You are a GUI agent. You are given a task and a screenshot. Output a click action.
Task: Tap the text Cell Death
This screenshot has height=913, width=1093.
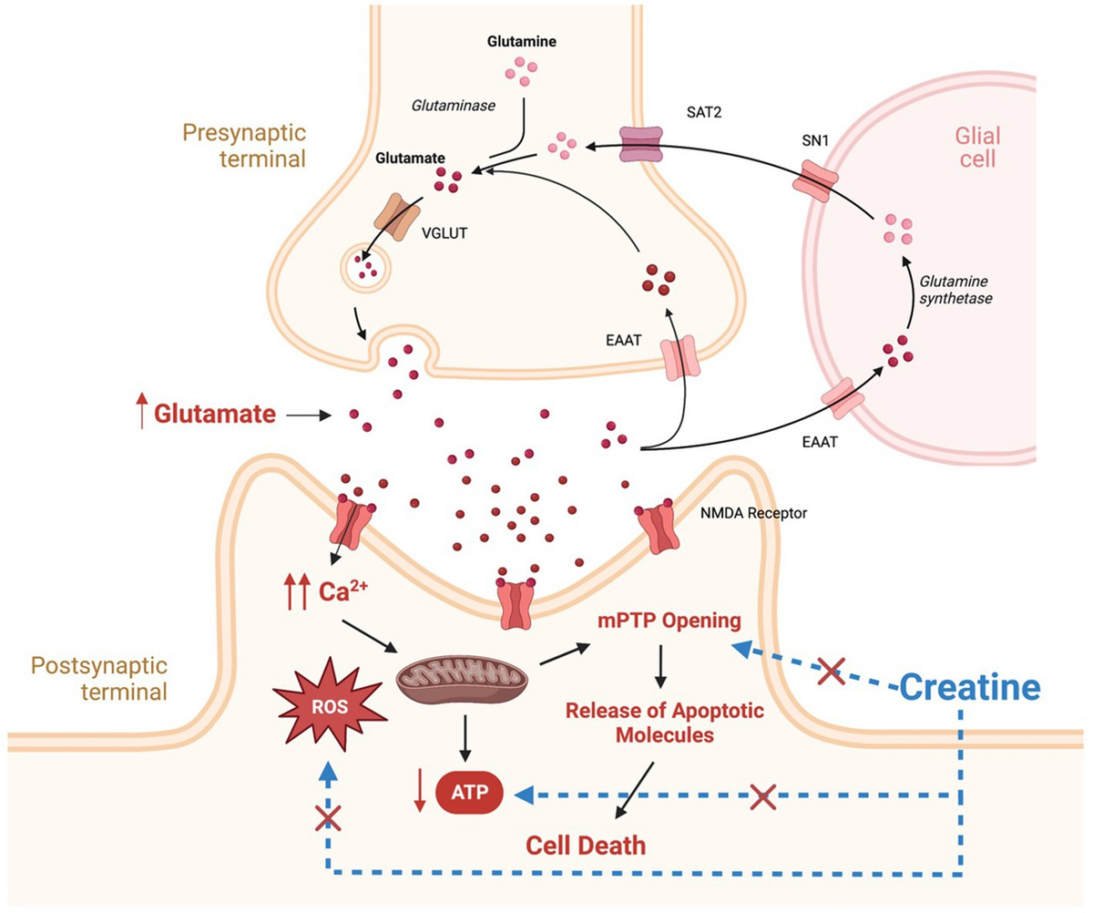click(587, 844)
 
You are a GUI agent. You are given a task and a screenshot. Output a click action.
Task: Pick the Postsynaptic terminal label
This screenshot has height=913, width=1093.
click(99, 677)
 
